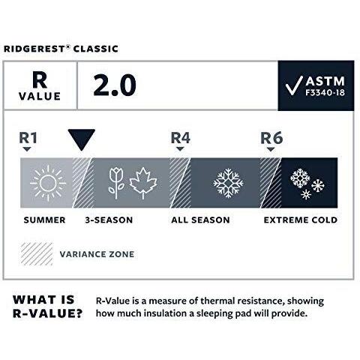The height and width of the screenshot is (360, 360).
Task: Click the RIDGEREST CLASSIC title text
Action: pyautogui.click(x=60, y=49)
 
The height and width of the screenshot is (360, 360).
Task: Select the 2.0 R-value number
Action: pyautogui.click(x=114, y=85)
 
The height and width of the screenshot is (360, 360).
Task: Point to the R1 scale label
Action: pyautogui.click(x=28, y=137)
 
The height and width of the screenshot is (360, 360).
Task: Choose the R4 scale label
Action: pyautogui.click(x=180, y=137)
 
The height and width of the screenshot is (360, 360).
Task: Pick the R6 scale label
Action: pyautogui.click(x=270, y=137)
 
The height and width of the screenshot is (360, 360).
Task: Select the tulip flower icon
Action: pyautogui.click(x=115, y=182)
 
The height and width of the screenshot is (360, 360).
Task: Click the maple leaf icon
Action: pyautogui.click(x=143, y=182)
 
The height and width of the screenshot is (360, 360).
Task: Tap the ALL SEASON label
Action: pyautogui.click(x=198, y=220)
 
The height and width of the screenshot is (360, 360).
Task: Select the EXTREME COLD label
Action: pyautogui.click(x=300, y=220)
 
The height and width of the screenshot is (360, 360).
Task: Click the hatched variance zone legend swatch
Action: pyautogui.click(x=35, y=253)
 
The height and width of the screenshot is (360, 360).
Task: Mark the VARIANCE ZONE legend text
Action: pyautogui.click(x=97, y=254)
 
